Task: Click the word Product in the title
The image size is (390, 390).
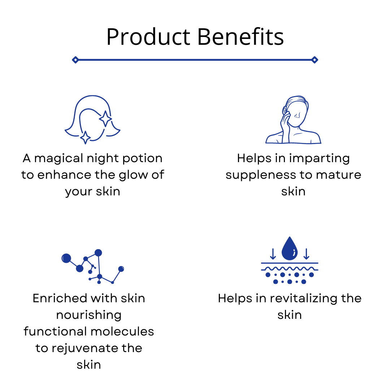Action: click(148, 37)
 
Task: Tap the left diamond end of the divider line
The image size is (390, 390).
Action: click(75, 60)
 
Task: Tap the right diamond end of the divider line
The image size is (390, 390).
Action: click(315, 60)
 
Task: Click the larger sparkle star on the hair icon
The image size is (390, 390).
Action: click(105, 119)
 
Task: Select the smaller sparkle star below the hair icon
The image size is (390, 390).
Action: click(85, 137)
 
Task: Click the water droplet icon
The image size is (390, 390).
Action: click(290, 248)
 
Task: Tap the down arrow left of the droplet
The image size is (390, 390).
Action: click(273, 254)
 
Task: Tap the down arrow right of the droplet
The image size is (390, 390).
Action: click(307, 254)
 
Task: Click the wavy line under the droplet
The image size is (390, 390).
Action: click(290, 269)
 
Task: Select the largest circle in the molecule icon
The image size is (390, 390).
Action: click(66, 258)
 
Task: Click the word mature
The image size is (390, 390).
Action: click(338, 175)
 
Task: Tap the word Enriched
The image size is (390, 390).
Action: click(60, 298)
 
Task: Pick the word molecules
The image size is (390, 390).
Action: click(122, 331)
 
